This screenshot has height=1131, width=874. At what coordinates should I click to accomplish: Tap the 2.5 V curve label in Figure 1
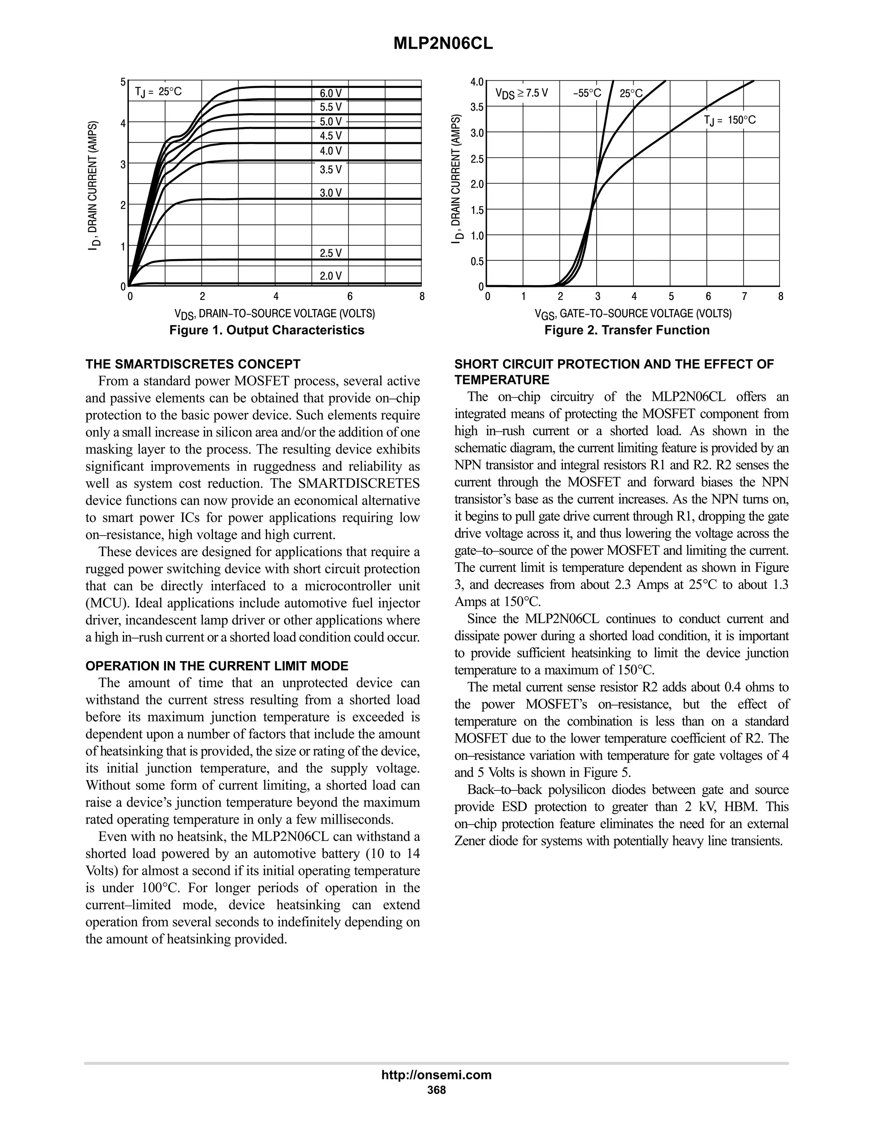click(330, 253)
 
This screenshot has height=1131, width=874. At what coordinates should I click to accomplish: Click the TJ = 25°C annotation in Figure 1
click(158, 92)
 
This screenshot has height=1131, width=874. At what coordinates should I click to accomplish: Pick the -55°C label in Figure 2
click(587, 93)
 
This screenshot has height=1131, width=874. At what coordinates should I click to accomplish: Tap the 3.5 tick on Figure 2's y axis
click(477, 107)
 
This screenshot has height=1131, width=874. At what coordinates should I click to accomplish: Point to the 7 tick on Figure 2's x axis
click(744, 297)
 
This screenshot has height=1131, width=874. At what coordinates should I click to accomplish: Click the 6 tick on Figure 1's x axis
click(350, 297)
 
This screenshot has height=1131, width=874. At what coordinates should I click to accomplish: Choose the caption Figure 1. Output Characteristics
click(267, 330)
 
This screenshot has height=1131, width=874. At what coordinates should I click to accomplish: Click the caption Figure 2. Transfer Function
click(626, 330)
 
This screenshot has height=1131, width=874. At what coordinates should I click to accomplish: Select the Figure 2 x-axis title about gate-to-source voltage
click(633, 314)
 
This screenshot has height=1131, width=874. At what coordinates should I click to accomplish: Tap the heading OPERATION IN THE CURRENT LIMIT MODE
click(217, 666)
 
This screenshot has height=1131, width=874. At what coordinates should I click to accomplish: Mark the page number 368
click(437, 1090)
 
